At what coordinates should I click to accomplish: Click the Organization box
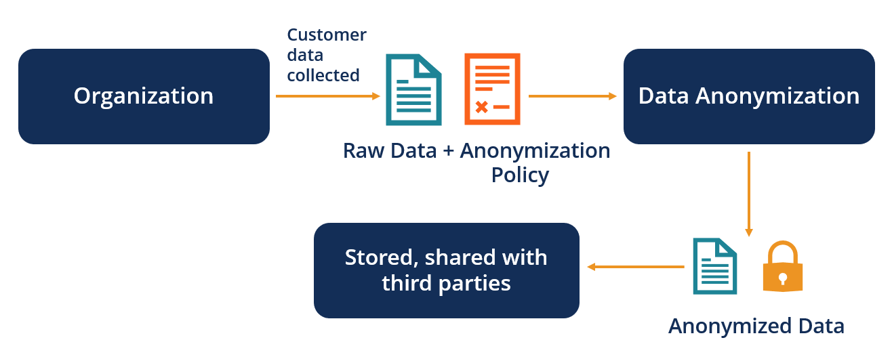point(144,96)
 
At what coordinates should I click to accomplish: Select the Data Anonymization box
point(749,96)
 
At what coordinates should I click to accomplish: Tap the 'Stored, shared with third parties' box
point(446,270)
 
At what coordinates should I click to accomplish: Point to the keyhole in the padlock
point(783,278)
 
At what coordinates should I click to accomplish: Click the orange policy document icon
point(492,89)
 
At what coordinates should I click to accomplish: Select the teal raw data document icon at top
point(413,89)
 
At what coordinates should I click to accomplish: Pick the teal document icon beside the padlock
point(714,266)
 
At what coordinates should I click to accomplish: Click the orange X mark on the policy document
point(481,107)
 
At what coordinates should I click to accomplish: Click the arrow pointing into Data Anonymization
point(572,96)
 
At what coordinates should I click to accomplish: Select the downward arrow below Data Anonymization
point(749,194)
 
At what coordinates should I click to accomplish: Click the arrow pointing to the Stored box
point(635,267)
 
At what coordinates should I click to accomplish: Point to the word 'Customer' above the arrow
point(326,35)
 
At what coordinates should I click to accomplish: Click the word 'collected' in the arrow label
point(323,75)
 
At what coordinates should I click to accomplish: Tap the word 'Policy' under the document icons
point(520,175)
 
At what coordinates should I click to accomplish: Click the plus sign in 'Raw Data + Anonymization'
point(448,150)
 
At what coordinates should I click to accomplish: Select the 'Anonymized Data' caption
point(756,326)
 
